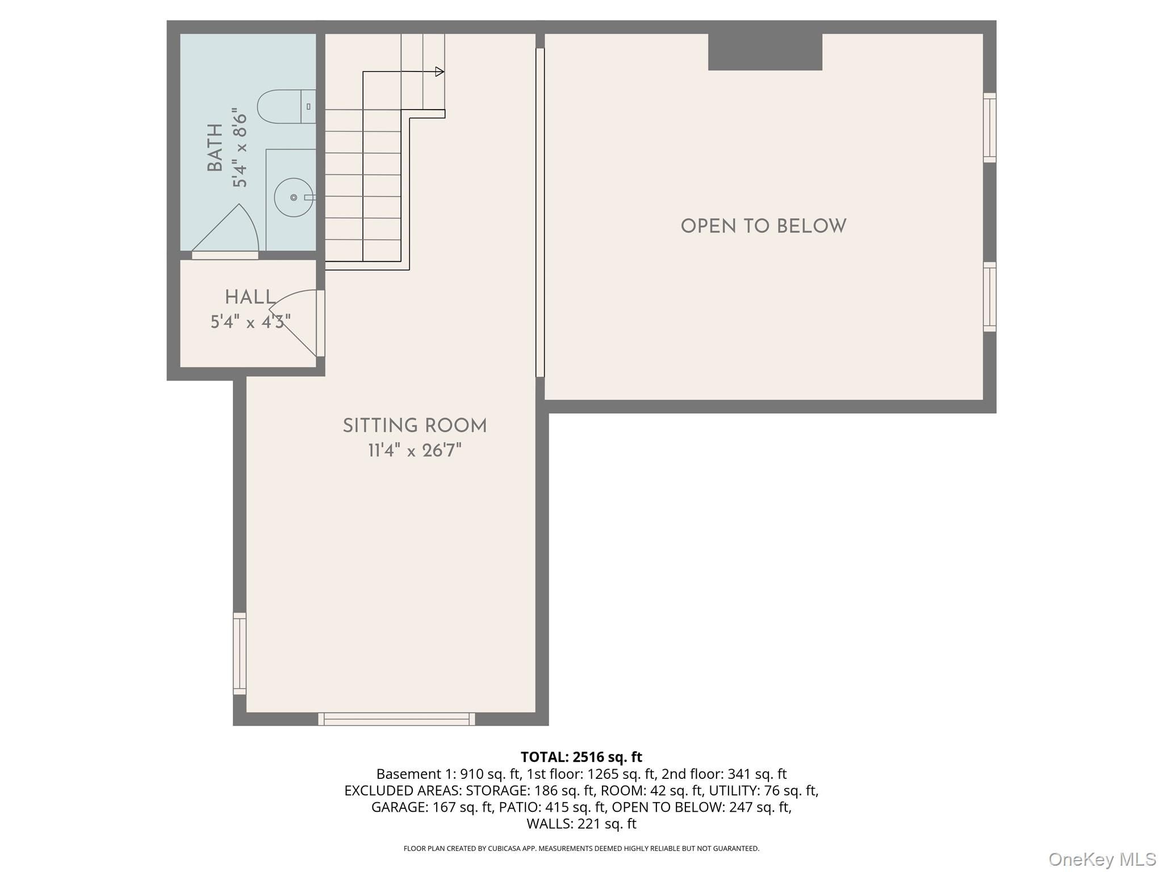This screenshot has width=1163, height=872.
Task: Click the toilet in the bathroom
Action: tap(286, 107)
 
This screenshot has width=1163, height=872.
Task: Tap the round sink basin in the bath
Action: tap(294, 197)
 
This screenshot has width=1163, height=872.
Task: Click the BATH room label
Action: tap(215, 148)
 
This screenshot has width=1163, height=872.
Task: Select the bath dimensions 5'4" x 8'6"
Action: tap(240, 148)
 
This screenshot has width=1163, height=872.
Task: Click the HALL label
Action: tap(250, 297)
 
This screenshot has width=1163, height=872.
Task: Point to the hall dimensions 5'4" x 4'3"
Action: tap(250, 322)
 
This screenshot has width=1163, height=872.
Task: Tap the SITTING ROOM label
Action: tap(415, 426)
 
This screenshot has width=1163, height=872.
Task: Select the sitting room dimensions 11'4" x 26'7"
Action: tap(415, 451)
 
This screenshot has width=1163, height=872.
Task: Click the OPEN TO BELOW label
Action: tap(763, 227)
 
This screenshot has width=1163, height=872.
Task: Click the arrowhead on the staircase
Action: tap(440, 72)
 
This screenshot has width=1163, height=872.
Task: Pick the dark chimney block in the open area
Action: tap(765, 52)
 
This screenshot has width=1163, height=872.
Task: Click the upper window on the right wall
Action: tap(990, 128)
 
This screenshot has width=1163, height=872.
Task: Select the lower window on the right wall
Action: tap(990, 297)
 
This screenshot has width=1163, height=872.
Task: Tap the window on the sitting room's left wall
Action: tap(240, 653)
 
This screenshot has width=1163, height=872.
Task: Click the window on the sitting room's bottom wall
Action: tap(396, 719)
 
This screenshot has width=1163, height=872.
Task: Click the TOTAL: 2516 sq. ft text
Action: tap(581, 757)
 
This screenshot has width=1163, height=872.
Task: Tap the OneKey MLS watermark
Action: tap(1102, 860)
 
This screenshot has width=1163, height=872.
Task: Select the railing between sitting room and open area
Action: tap(540, 213)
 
